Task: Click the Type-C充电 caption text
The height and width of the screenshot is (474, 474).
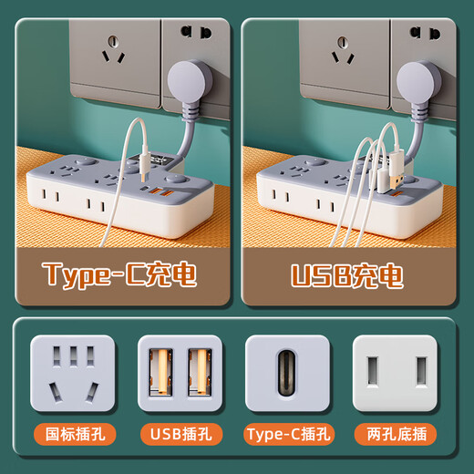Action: tap(119, 273)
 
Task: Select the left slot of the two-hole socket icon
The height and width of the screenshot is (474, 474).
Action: tap(373, 372)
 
